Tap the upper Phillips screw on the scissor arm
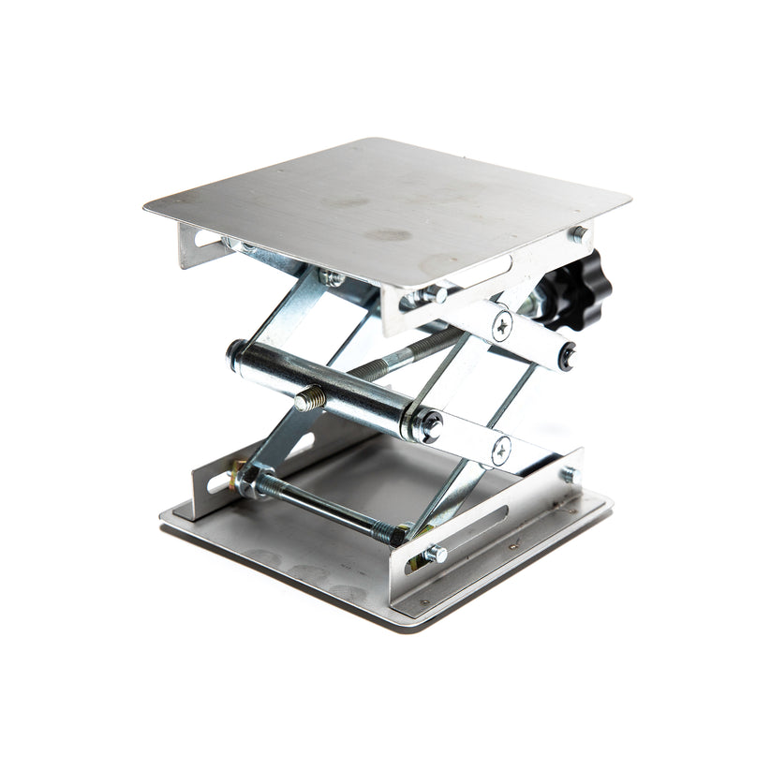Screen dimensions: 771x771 [x=503, y=325]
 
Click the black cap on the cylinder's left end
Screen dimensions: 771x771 [x=234, y=352]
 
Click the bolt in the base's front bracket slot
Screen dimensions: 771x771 [x=433, y=554]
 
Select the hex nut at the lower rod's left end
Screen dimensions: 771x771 [x=249, y=480]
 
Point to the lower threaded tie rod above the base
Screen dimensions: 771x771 [x=319, y=506]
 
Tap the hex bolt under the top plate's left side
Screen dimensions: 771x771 [x=329, y=276]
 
